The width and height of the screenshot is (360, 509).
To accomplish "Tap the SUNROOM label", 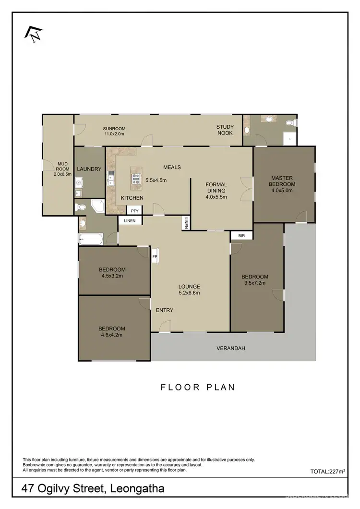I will coord(114,129).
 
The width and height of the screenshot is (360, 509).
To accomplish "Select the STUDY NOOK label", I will coord(225,130).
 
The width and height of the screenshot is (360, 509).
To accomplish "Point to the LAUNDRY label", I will coord(89,169).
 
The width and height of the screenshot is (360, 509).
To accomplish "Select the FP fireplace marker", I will coord(155,256).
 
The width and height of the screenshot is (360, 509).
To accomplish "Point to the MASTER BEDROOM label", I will coord(282,181).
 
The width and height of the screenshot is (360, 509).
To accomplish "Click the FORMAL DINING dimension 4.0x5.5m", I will coord(216,196).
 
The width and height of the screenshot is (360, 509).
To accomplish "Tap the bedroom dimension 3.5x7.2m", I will coord(254,283).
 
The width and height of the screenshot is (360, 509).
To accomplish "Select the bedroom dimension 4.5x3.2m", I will coord(112,276).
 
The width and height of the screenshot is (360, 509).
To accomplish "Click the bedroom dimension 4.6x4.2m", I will coord(112,335).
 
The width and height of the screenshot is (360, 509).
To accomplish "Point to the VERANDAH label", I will coord(231,348).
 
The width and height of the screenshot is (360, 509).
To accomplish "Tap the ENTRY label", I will coord(165,310).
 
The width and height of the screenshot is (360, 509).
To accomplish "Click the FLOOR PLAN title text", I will coord(198,387).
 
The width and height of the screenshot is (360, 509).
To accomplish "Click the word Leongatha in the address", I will coord(137,489).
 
